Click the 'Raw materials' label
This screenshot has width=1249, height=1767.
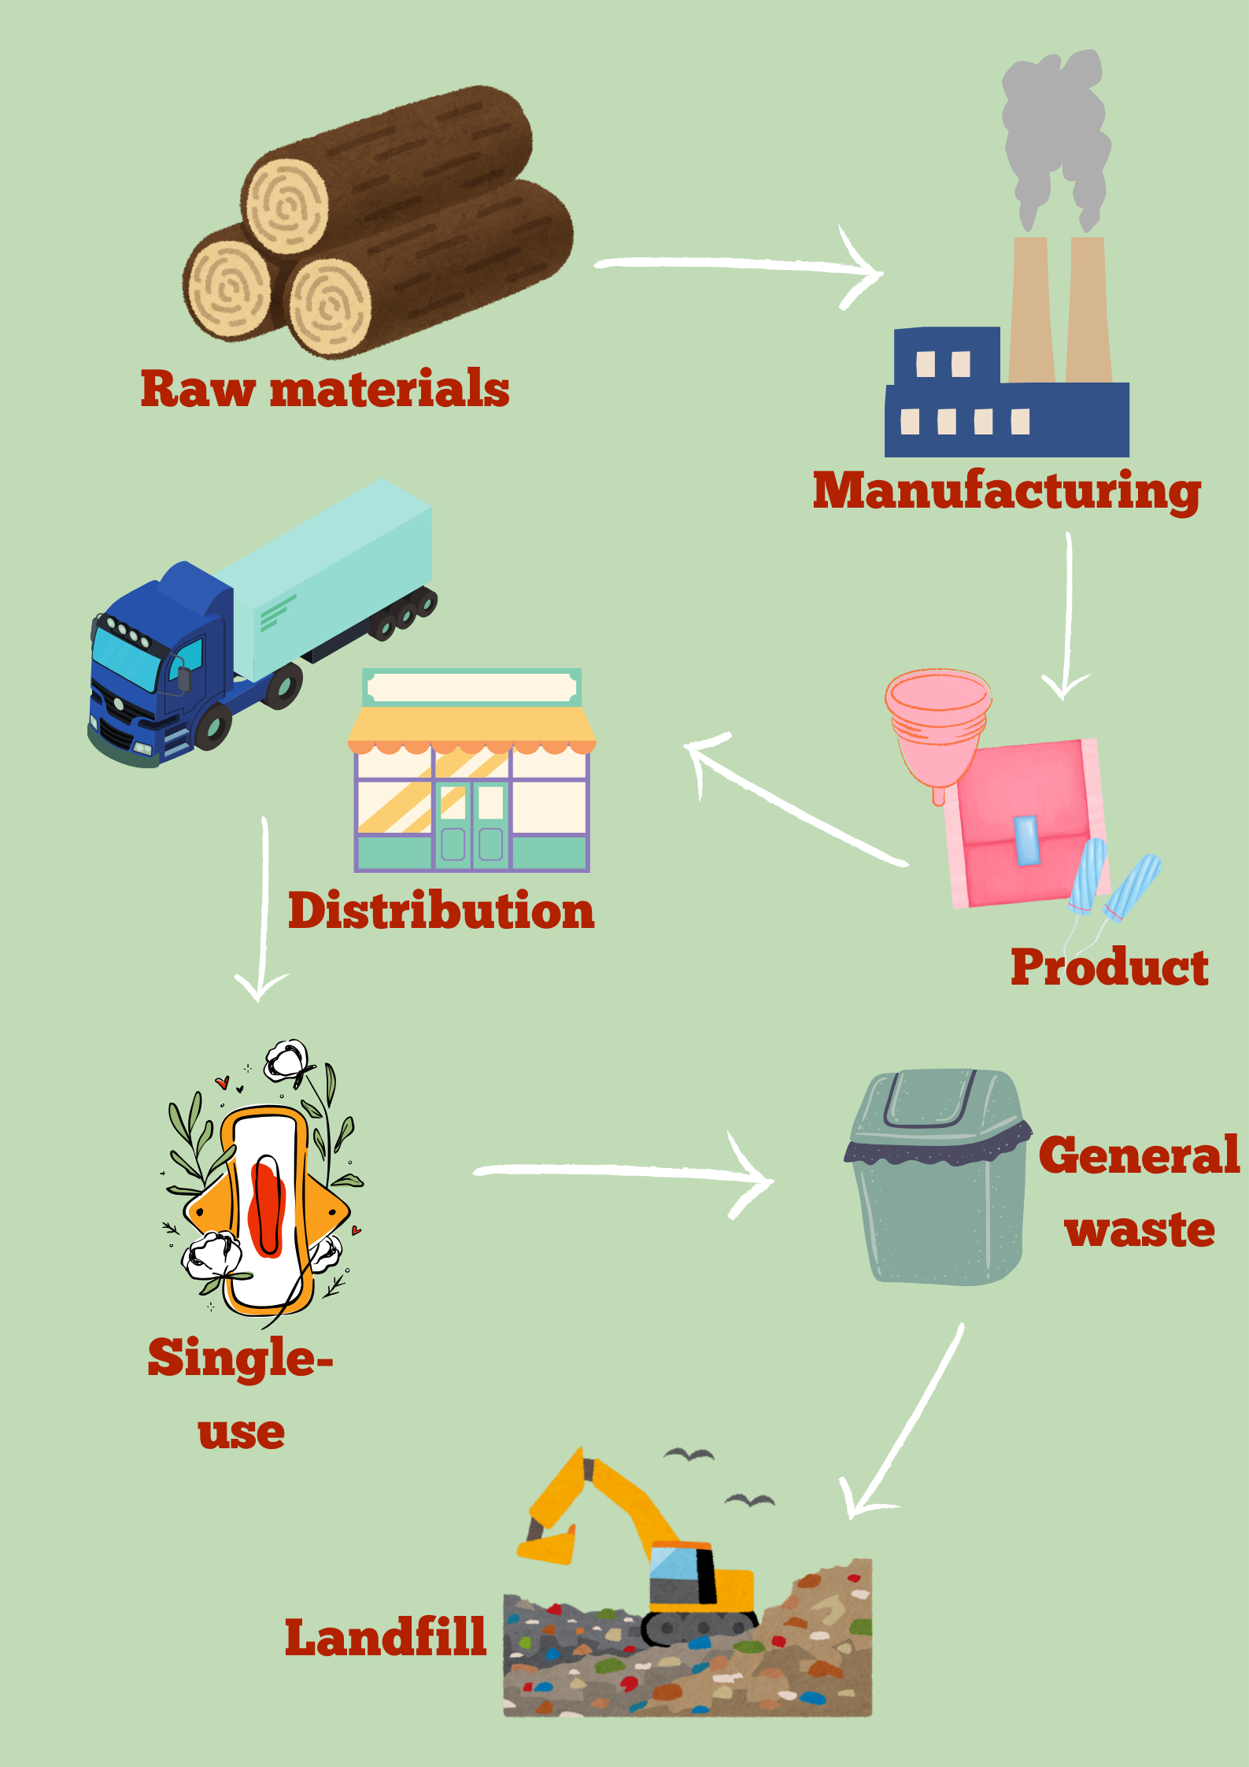pyautogui.click(x=325, y=389)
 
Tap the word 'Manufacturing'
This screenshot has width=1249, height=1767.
pyautogui.click(x=1007, y=491)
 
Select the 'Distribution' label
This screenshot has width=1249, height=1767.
pyautogui.click(x=441, y=911)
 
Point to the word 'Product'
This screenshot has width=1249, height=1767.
pyautogui.click(x=1109, y=967)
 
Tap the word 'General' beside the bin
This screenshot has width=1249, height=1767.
pyautogui.click(x=1139, y=1155)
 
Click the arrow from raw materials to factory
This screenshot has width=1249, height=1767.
pyautogui.click(x=740, y=265)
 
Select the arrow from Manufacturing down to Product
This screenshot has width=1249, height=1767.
pyautogui.click(x=1068, y=614)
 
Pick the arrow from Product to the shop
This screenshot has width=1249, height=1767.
pyautogui.click(x=795, y=803)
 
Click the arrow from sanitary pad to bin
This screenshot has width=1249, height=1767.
pyautogui.click(x=622, y=1173)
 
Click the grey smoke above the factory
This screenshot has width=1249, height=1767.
pyautogui.click(x=1055, y=134)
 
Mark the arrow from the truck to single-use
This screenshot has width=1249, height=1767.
pyautogui.click(x=264, y=905)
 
